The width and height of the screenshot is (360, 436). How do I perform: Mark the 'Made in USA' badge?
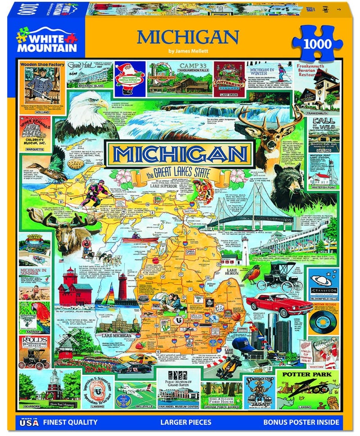click(29, 421)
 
